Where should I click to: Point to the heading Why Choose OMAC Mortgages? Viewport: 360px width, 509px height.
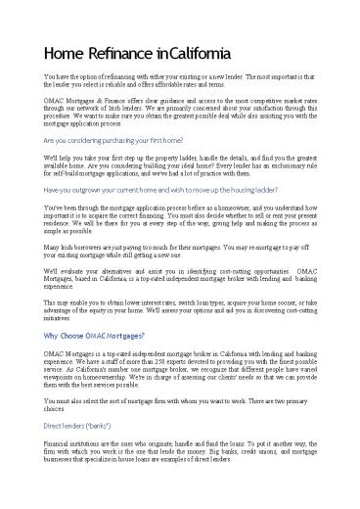pos(109,363)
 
